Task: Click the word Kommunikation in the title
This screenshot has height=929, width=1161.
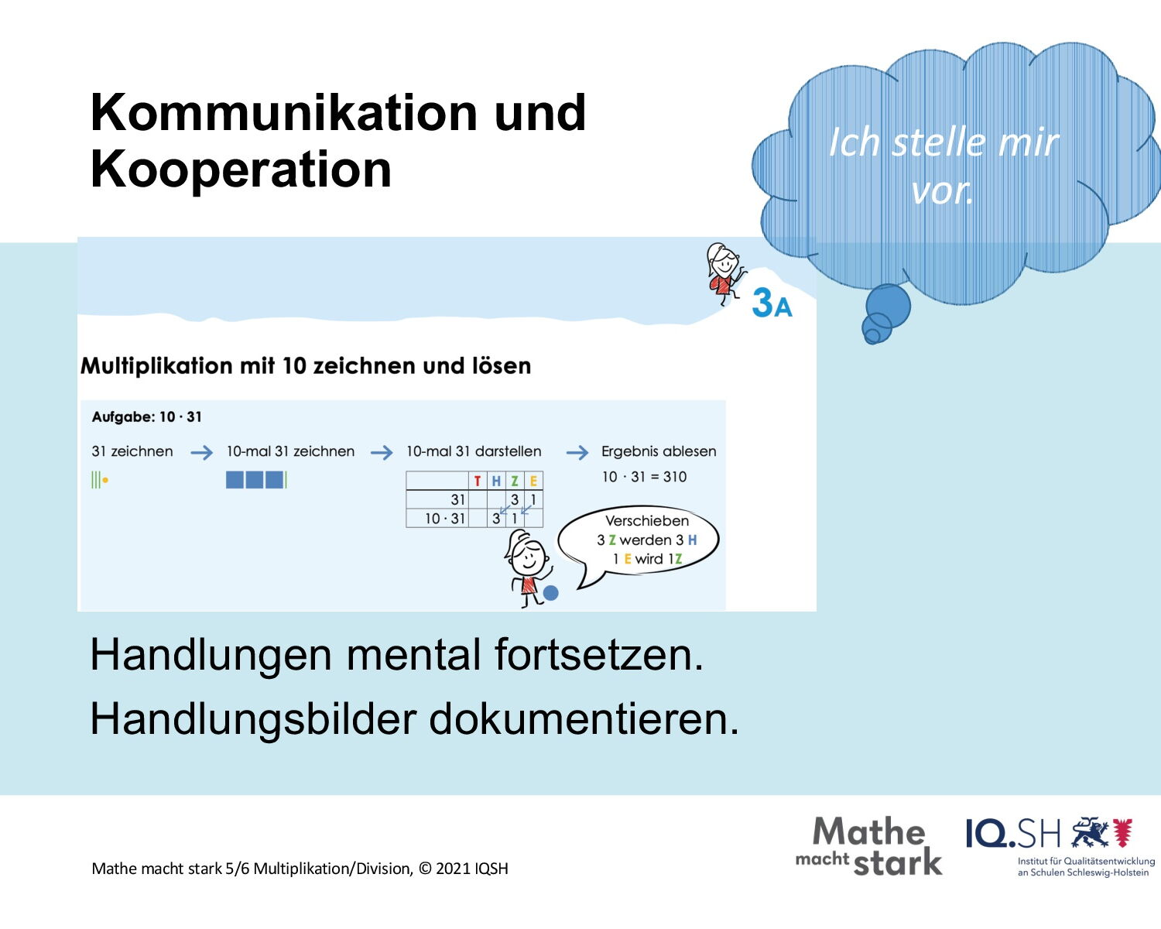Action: [x=284, y=112]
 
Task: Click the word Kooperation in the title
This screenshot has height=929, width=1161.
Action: [x=241, y=170]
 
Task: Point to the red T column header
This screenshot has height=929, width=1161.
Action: [x=477, y=481]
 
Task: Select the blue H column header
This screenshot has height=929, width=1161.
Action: [x=496, y=481]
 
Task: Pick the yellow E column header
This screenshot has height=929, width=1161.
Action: [x=533, y=481]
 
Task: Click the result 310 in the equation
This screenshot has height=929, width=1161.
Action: [x=675, y=477]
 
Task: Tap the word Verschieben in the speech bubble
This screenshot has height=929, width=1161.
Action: [x=647, y=521]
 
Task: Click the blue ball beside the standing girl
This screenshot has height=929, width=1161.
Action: [x=550, y=593]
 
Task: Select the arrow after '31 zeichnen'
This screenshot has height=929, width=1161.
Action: [x=202, y=452]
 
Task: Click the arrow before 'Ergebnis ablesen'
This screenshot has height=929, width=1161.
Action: [x=577, y=452]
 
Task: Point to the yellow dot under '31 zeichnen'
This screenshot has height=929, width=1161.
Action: [x=105, y=480]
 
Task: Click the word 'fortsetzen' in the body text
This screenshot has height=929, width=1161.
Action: [x=599, y=655]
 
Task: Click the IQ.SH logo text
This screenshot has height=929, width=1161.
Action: [x=1013, y=834]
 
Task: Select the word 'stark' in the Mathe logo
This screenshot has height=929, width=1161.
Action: [x=898, y=862]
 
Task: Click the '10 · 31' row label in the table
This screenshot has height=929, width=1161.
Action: [x=444, y=519]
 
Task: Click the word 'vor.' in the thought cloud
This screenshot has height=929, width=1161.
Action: [x=942, y=191]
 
